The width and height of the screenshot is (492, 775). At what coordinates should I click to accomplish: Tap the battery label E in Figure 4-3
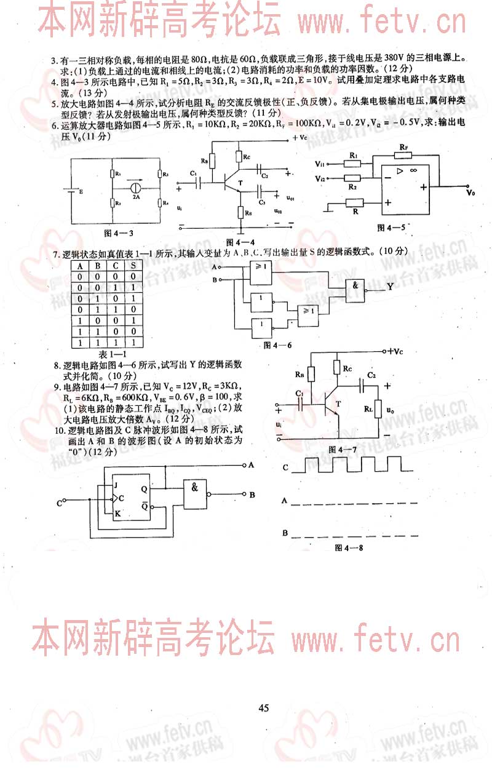point(81,191)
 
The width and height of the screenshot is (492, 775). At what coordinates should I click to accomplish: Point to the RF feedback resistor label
point(403,148)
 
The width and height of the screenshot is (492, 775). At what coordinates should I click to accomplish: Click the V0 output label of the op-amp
point(470,193)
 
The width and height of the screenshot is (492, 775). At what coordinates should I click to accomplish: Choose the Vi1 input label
point(320,164)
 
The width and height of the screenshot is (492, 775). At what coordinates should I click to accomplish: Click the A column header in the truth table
point(78,266)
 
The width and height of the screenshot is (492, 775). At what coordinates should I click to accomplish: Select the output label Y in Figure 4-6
point(391,287)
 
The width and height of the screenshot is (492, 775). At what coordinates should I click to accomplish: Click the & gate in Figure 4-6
point(355,286)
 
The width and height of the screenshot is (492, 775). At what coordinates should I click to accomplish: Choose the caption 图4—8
point(349,547)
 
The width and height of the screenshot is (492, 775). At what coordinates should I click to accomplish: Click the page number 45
point(264,708)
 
